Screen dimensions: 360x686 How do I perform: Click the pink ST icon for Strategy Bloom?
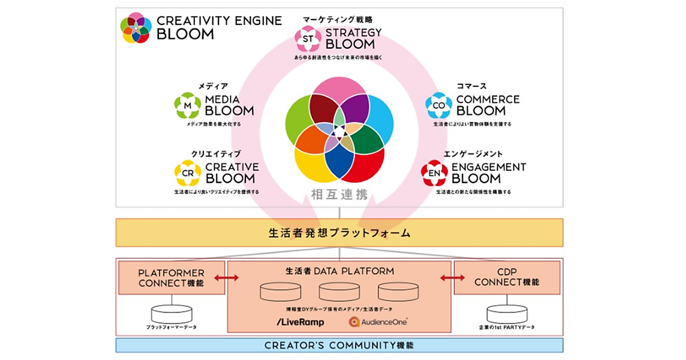tap(308, 38)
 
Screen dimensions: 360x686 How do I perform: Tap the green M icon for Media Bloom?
tap(188, 105)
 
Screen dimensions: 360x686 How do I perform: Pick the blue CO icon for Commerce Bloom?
tap(438, 105)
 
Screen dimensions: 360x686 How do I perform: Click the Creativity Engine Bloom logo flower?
tap(136, 28)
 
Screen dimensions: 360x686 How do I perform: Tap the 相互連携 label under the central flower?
tap(339, 194)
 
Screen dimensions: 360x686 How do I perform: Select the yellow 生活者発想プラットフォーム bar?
tap(339, 233)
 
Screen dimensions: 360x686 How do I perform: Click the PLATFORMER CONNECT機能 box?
tap(171, 277)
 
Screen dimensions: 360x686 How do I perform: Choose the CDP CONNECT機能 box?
tap(508, 277)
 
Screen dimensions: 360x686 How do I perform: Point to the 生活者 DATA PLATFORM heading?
tap(340, 271)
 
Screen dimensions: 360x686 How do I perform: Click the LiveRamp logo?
tap(300, 322)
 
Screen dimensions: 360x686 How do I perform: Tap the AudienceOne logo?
tap(378, 322)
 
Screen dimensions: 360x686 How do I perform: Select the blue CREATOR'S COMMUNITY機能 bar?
tap(339, 345)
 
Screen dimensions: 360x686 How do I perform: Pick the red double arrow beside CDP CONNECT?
tap(452, 278)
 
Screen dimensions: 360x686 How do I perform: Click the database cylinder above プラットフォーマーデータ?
tap(171, 313)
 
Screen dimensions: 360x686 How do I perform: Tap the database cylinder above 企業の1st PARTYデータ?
tap(507, 313)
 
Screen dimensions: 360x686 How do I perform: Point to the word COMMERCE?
tap(488, 99)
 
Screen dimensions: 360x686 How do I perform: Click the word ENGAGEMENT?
tap(489, 167)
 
